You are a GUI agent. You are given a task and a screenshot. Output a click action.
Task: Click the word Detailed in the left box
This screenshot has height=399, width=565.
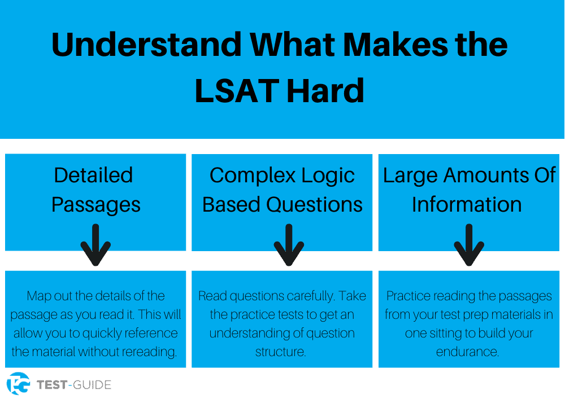(94, 175)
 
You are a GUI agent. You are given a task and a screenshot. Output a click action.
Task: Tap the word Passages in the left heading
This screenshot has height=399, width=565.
(95, 204)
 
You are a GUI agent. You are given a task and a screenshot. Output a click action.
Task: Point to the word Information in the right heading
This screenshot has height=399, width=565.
(467, 204)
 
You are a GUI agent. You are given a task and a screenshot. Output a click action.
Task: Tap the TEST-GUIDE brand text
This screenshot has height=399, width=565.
(73, 385)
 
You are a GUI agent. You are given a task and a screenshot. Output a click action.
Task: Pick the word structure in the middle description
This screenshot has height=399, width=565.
(280, 352)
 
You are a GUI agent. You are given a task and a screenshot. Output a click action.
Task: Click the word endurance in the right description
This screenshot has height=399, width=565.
(467, 352)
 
